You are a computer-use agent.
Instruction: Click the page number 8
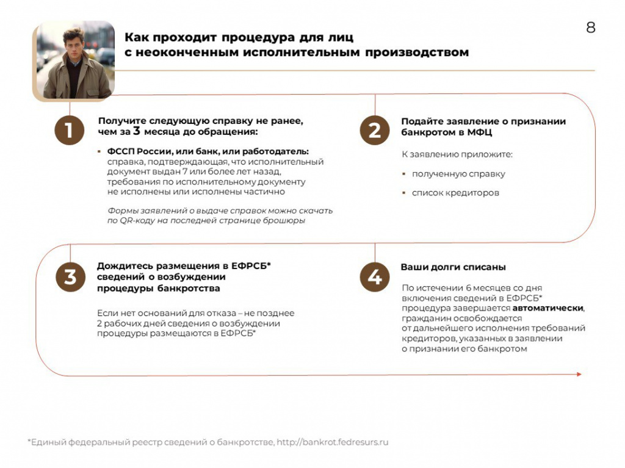590,28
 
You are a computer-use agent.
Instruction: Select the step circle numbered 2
374,129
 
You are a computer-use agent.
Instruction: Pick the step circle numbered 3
70,277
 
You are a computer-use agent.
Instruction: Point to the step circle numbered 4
374,277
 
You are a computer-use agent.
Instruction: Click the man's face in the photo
74,46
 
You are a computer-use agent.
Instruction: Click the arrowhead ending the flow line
578,374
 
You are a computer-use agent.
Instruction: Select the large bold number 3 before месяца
137,131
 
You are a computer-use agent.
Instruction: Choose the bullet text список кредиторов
455,193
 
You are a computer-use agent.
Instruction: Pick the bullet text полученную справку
458,174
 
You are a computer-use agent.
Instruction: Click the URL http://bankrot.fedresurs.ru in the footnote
333,442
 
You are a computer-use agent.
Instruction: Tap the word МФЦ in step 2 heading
481,132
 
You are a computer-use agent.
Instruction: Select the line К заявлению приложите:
457,154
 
